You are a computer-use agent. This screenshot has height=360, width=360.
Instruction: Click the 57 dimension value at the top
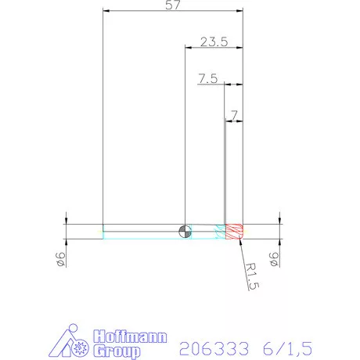(x=173, y=5)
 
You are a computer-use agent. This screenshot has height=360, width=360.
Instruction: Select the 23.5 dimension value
(x=214, y=42)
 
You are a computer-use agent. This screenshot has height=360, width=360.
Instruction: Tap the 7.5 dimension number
(x=207, y=78)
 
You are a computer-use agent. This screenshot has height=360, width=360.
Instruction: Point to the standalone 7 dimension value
(x=233, y=115)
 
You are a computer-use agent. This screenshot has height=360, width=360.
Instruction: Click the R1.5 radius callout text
(x=251, y=276)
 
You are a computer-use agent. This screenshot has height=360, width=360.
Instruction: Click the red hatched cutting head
(x=234, y=231)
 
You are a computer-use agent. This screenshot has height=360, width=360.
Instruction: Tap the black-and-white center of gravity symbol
(x=184, y=230)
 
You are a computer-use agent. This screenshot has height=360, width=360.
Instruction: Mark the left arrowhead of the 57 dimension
(x=106, y=11)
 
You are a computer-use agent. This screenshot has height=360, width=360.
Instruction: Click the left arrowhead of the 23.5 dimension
(x=188, y=48)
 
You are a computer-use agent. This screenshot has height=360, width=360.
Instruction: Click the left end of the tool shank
(x=104, y=231)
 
